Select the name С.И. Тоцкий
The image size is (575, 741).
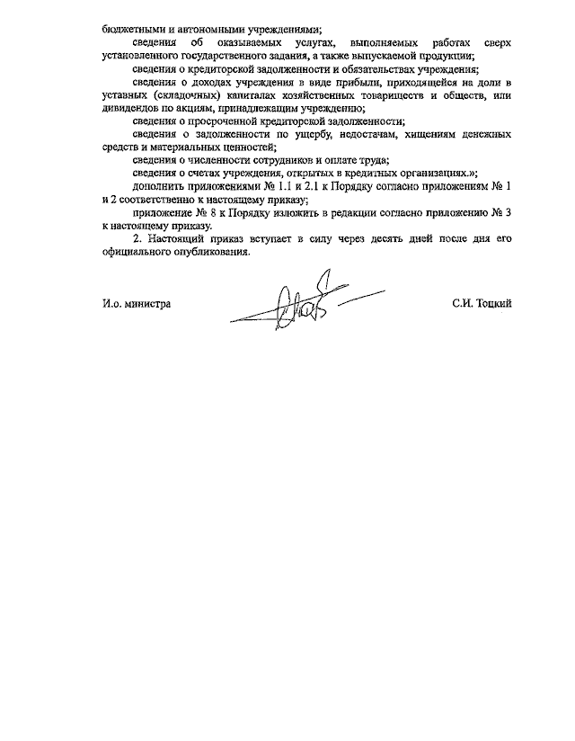pyautogui.click(x=482, y=305)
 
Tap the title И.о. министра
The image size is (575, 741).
pyautogui.click(x=137, y=305)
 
